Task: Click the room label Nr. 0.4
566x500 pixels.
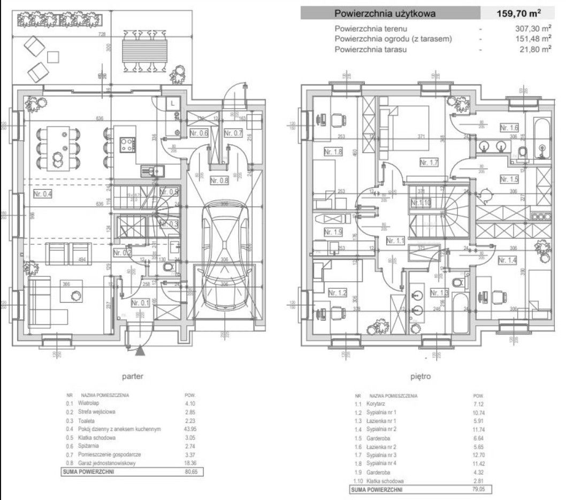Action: (x=43, y=194)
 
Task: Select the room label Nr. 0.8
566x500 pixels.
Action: (x=219, y=180)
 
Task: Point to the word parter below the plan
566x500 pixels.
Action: (x=132, y=376)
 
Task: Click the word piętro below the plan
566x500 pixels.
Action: (x=420, y=376)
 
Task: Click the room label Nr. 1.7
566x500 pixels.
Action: (x=430, y=161)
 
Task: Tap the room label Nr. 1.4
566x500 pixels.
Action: (x=507, y=260)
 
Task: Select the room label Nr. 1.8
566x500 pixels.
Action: (x=333, y=152)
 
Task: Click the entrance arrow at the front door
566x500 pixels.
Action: (x=140, y=351)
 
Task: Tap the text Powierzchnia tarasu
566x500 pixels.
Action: (x=371, y=49)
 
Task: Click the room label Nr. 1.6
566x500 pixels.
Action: (x=509, y=127)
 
